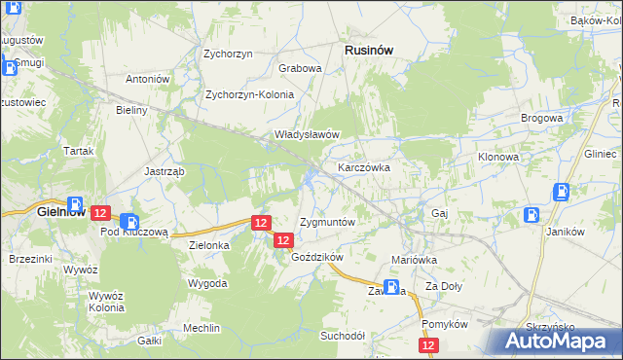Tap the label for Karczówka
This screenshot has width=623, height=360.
(364, 167)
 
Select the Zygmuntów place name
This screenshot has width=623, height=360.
(327, 222)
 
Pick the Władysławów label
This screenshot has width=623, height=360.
(306, 134)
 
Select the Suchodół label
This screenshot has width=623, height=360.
(342, 336)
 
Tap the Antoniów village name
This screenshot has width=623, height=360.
(148, 79)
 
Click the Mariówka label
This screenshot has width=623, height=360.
(414, 261)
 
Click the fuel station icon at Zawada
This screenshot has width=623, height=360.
(391, 288)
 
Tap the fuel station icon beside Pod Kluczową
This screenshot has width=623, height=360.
(130, 223)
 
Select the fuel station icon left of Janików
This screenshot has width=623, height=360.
(533, 215)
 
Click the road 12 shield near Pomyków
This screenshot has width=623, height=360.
(429, 345)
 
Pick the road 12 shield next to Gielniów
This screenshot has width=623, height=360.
(100, 212)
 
